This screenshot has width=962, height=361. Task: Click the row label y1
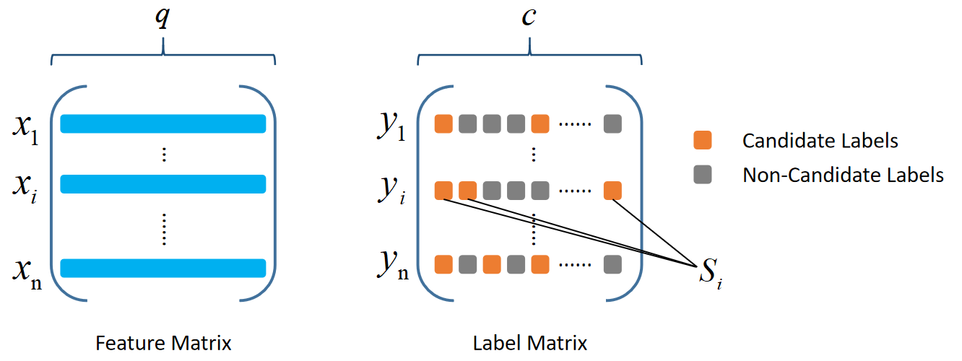tap(391, 128)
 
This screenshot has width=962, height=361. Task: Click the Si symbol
tap(708, 271)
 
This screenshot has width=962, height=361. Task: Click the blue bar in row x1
tap(163, 124)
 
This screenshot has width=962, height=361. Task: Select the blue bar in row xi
tap(163, 184)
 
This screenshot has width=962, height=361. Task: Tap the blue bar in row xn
tap(163, 268)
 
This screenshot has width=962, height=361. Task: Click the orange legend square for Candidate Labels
tap(702, 140)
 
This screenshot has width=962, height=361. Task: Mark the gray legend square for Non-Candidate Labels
tap(702, 174)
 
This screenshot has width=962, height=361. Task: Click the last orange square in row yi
tap(612, 191)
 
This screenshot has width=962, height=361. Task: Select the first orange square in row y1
tap(443, 124)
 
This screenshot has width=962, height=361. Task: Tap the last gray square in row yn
tap(612, 264)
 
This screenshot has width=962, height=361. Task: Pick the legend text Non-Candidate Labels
tap(843, 175)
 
